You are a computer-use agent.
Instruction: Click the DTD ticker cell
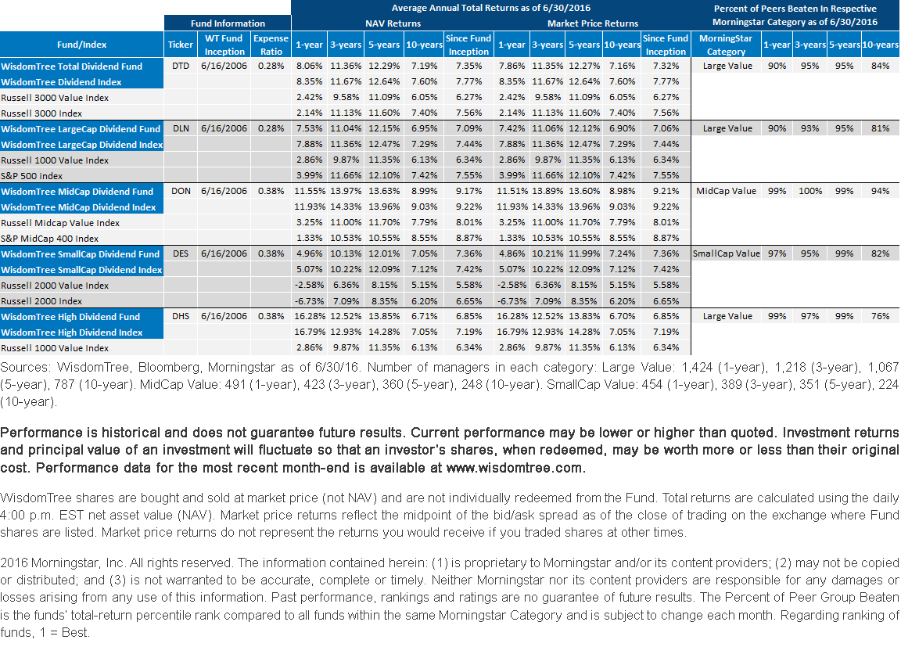(x=181, y=66)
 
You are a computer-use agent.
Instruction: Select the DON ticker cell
(x=181, y=192)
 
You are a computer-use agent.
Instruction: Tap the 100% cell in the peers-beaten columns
(x=810, y=192)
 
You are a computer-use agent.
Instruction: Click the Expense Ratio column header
(x=271, y=45)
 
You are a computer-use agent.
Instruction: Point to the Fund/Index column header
(x=81, y=45)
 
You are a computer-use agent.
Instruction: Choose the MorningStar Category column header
(x=726, y=45)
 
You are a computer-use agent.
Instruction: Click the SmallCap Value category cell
(x=727, y=254)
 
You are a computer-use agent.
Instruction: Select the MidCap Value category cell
(x=727, y=192)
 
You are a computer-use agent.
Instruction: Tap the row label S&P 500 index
(x=31, y=176)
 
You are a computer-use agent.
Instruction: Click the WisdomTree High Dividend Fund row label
(x=70, y=317)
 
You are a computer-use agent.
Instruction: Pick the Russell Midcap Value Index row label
(x=60, y=223)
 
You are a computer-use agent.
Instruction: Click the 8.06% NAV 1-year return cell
(x=309, y=66)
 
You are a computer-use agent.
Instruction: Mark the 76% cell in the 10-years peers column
(x=880, y=317)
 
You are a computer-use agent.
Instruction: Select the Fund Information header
(x=228, y=23)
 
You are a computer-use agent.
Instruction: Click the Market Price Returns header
(x=592, y=23)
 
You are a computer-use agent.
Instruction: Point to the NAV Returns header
(x=393, y=23)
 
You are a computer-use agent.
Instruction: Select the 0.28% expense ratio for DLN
(x=271, y=129)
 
